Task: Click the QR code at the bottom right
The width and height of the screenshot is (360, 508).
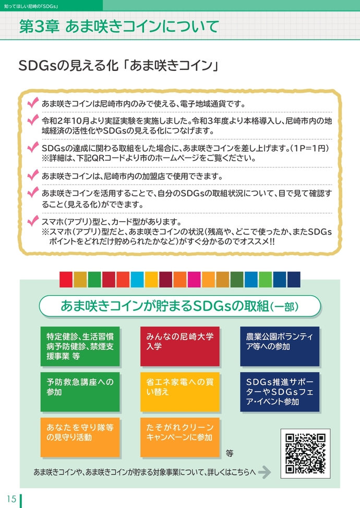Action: (305, 453)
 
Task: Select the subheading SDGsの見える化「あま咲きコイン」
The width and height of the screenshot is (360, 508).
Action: (117, 67)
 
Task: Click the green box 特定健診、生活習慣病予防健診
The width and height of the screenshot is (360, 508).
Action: (80, 346)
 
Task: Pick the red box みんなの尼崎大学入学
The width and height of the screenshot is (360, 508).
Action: (179, 346)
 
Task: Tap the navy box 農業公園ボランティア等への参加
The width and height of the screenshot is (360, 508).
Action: (279, 346)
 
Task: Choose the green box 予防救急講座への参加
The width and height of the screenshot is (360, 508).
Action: (80, 391)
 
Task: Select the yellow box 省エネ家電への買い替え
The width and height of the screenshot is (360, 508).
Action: (179, 391)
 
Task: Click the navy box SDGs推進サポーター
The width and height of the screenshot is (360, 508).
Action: (279, 391)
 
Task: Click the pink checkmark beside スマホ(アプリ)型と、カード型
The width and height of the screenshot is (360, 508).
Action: (34, 220)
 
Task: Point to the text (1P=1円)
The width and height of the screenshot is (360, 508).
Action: (311, 149)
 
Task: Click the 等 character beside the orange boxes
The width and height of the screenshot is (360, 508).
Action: (230, 453)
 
